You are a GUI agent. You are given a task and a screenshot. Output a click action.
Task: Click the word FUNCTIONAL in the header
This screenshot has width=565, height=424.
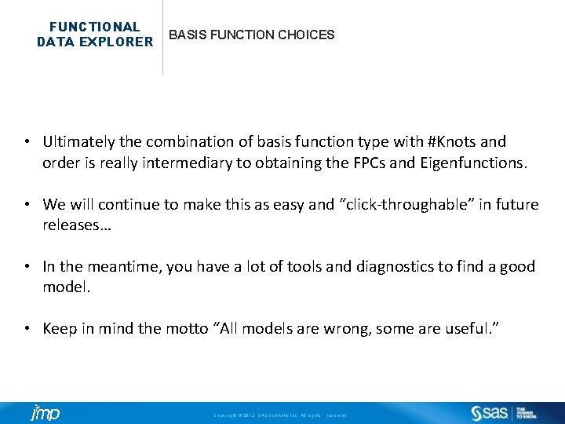coord(95,27)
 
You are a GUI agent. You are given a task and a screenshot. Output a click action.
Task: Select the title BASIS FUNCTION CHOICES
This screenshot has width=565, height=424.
coord(252,35)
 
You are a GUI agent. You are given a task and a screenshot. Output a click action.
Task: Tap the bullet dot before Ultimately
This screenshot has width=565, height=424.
coord(27,142)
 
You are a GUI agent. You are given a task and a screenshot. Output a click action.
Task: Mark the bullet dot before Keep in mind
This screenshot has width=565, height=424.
coord(27,329)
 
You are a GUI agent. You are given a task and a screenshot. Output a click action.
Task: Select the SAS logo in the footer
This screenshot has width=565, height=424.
coord(490,413)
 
